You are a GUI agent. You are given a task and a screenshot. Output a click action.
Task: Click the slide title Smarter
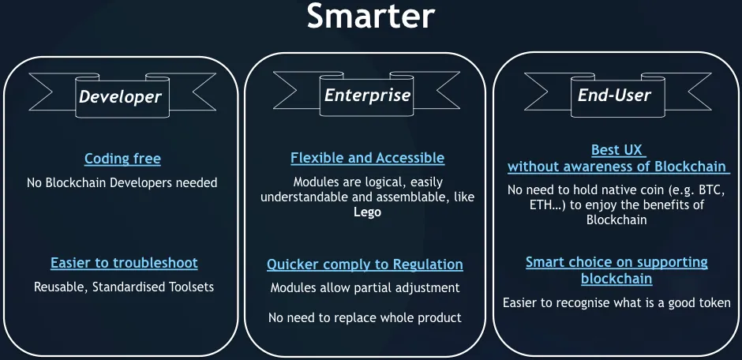pyautogui.click(x=370, y=17)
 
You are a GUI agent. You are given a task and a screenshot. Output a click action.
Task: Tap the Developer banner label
pyautogui.click(x=120, y=97)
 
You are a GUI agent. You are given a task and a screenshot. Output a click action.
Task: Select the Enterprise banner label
pyautogui.click(x=367, y=96)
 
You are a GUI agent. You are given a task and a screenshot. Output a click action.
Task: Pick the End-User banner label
pyautogui.click(x=614, y=96)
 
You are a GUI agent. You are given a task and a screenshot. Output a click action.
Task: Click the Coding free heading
pyautogui.click(x=122, y=159)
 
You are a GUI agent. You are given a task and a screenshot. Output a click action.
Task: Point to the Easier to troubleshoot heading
pyautogui.click(x=124, y=263)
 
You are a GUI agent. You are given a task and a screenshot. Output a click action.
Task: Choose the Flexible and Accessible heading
pyautogui.click(x=368, y=158)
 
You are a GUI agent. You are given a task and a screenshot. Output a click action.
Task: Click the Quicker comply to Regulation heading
pyautogui.click(x=365, y=264)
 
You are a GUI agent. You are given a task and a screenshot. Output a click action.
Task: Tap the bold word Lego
pyautogui.click(x=367, y=212)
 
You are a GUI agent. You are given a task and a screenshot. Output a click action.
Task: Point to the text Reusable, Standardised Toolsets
pyautogui.click(x=124, y=287)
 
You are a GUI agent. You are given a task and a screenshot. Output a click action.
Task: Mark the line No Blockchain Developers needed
pyautogui.click(x=122, y=182)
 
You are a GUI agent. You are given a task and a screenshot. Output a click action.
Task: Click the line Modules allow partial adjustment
pyautogui.click(x=365, y=287)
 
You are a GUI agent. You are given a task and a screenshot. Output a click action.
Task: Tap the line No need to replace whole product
pyautogui.click(x=365, y=317)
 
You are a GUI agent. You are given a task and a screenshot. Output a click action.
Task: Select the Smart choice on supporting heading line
pyautogui.click(x=616, y=262)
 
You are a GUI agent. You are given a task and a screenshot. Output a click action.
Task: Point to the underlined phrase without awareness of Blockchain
pyautogui.click(x=616, y=167)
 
